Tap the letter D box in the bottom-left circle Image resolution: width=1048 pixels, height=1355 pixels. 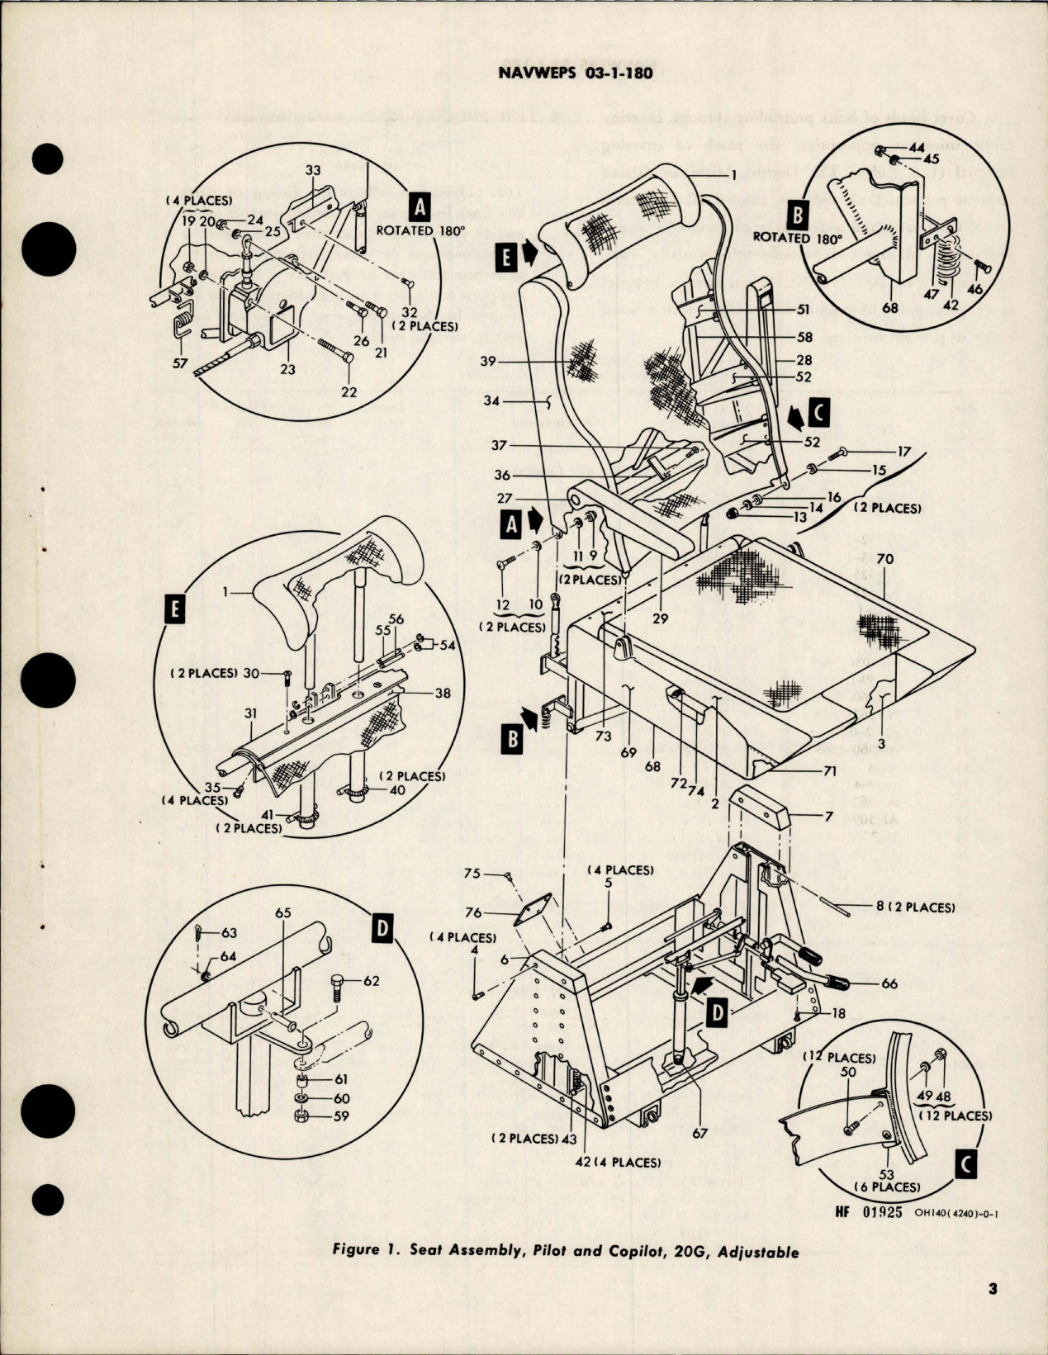click(x=382, y=929)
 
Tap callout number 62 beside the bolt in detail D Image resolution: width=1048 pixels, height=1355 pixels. click(x=370, y=982)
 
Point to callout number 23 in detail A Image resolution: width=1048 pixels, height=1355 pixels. click(x=287, y=369)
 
